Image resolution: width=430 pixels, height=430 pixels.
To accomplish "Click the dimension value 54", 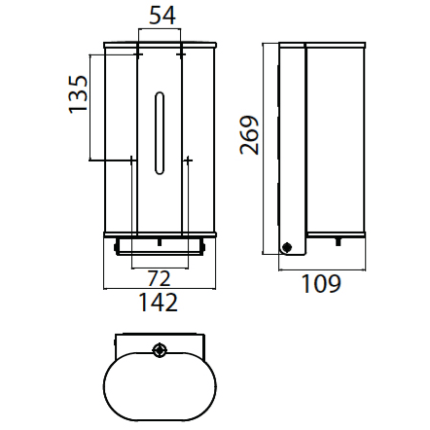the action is coord(162,16).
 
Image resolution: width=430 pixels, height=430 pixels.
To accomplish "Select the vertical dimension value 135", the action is coord(78,94).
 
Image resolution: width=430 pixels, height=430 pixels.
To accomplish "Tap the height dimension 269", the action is coord(249,134).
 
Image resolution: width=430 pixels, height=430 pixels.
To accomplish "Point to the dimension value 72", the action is coord(159,278).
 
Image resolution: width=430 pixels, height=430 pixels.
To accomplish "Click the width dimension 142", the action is coord(159,303).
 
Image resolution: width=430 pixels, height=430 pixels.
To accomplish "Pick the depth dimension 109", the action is coord(321,284).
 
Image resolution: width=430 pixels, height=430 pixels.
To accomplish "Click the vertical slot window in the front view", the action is coord(160,133).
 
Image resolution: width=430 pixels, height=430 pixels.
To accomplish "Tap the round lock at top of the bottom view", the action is coord(160,350).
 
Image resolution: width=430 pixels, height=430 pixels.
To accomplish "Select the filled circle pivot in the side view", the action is coord(286,247).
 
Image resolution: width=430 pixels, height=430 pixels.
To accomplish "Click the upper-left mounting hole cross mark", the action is coord(138,54).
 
